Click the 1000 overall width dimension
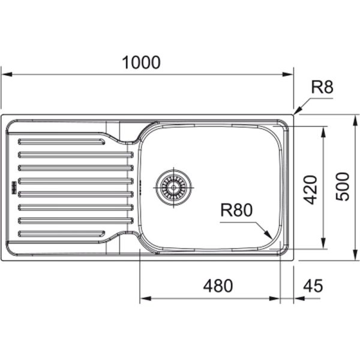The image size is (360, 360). pyautogui.click(x=141, y=62)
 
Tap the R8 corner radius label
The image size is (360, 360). pyautogui.click(x=322, y=87)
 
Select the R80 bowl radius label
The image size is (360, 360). pyautogui.click(x=236, y=210)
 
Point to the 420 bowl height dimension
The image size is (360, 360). pyautogui.click(x=310, y=190)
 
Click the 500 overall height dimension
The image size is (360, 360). pyautogui.click(x=342, y=187)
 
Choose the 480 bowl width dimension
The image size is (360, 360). pyautogui.click(x=218, y=286)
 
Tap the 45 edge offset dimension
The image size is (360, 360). pyautogui.click(x=313, y=286)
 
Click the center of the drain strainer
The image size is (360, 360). pyautogui.click(x=173, y=187)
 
